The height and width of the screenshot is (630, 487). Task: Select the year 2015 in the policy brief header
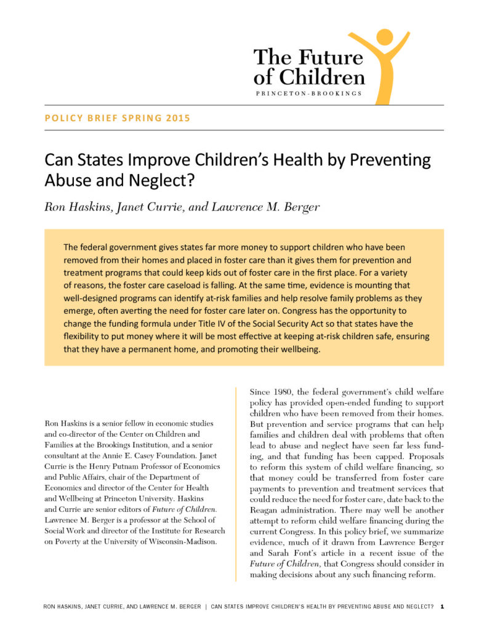[178, 118]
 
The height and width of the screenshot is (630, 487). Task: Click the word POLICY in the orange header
[60, 118]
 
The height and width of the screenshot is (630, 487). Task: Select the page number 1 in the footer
[442, 607]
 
